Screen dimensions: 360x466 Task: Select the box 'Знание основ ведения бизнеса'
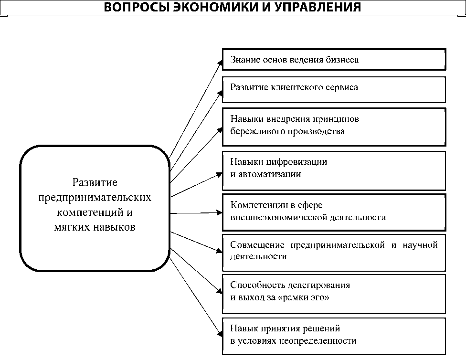point(334,60)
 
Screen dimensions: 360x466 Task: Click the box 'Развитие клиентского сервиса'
point(334,89)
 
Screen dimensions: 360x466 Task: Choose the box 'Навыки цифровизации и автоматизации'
point(334,170)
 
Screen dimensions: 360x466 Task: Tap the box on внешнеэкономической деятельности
point(334,212)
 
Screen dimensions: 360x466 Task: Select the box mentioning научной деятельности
point(334,251)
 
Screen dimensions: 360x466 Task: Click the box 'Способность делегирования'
point(334,291)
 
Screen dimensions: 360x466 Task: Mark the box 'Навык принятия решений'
point(334,335)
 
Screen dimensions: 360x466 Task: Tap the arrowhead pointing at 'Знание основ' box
point(221,62)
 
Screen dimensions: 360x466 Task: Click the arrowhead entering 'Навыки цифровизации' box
point(219,174)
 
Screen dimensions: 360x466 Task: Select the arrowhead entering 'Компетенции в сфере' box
point(219,213)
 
